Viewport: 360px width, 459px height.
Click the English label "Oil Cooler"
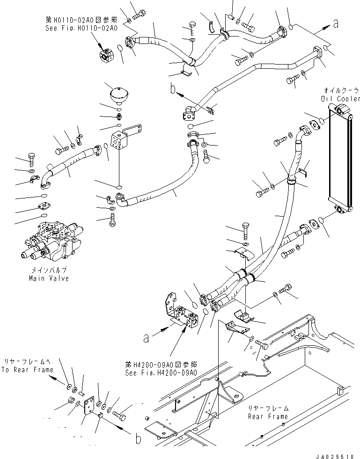tap(341, 98)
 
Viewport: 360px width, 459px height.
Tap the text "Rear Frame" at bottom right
tap(268, 416)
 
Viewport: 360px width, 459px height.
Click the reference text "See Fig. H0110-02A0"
tap(81, 27)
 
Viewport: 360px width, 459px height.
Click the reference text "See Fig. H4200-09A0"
tap(161, 372)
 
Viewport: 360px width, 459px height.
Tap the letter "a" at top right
tap(335, 24)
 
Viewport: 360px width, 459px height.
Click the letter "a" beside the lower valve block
tap(146, 337)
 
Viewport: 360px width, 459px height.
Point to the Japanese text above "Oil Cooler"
tap(341, 89)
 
